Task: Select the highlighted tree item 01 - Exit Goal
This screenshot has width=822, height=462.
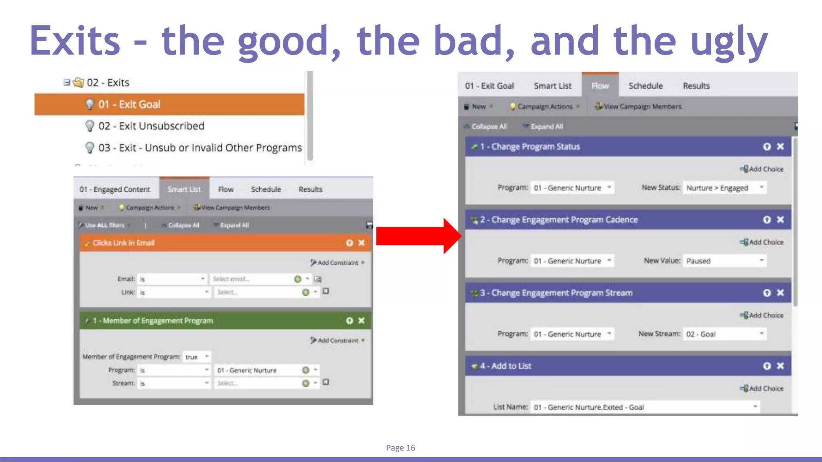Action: pos(129,105)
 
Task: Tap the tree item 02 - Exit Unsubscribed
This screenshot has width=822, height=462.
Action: pos(151,126)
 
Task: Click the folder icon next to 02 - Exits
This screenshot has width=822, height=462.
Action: pos(78,83)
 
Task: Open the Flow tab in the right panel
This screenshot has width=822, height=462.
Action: pos(600,86)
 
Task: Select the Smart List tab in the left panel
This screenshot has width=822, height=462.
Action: pos(184,189)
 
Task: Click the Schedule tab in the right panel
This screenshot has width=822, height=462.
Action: pos(645,86)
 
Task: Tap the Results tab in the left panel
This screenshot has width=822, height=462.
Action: pos(310,189)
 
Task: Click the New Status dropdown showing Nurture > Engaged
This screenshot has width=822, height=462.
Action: pos(724,188)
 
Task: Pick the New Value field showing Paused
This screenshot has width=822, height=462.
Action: pos(724,261)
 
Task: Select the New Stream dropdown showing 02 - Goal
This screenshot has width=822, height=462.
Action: pos(724,334)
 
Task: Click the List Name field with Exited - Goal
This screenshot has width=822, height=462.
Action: pos(644,407)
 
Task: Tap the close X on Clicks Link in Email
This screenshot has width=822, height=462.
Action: pos(362,243)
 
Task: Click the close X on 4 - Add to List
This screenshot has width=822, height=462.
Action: pos(780,366)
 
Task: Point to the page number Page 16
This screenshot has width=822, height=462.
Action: pos(401,448)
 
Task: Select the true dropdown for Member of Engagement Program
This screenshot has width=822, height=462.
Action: pos(196,357)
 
